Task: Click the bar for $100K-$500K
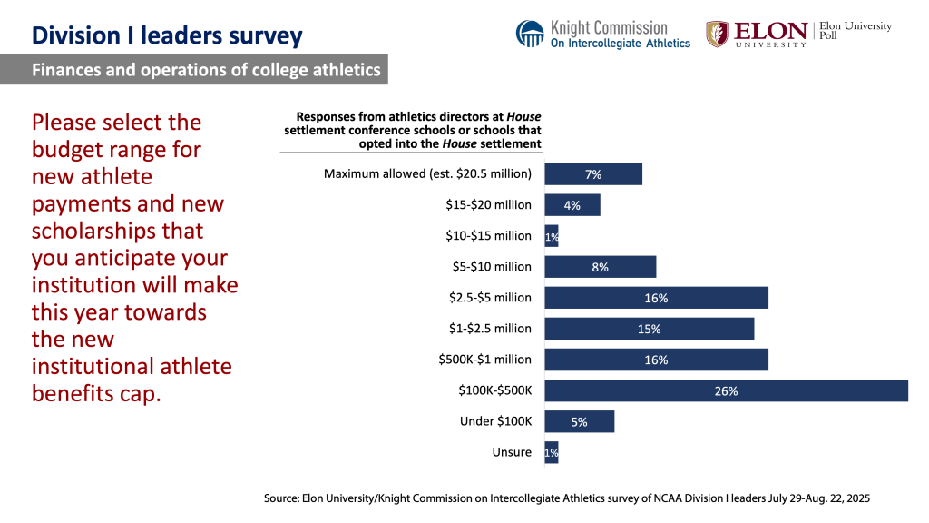(726, 390)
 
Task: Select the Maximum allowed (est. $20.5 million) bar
(592, 174)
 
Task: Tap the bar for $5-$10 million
(600, 267)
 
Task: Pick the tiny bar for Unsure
(551, 452)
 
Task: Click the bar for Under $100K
(579, 421)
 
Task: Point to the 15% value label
(649, 329)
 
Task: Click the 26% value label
(726, 391)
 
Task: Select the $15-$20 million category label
(488, 205)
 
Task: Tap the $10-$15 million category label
(488, 236)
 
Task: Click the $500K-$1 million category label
(484, 360)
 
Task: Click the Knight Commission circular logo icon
(530, 34)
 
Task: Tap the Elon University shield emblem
(717, 34)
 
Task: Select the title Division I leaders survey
(167, 36)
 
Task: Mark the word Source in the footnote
(285, 498)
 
